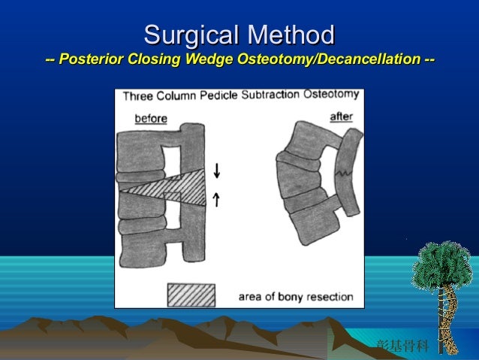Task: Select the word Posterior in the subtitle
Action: click(x=92, y=59)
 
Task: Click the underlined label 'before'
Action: click(x=151, y=118)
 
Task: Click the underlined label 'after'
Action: click(x=342, y=116)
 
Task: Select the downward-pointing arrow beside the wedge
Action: click(x=217, y=171)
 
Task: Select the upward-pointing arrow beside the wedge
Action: click(x=217, y=199)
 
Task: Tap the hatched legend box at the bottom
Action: click(x=191, y=295)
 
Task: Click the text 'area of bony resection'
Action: click(x=295, y=296)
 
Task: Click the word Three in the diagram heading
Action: click(x=138, y=97)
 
